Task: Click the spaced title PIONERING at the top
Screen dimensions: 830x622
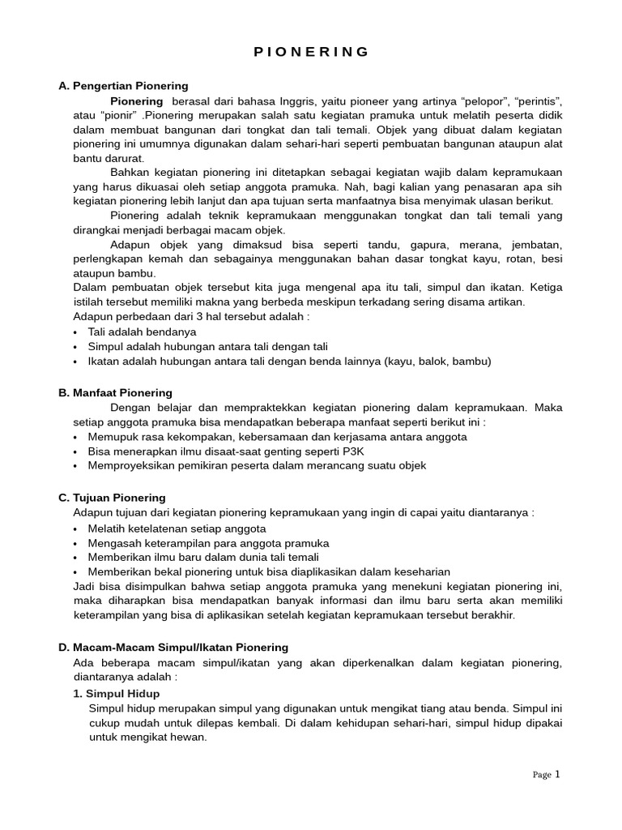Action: (311, 52)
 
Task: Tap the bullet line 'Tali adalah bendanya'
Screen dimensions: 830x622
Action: (142, 332)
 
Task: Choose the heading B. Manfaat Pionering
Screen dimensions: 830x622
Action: (115, 392)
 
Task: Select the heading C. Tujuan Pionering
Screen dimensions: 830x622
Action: (112, 497)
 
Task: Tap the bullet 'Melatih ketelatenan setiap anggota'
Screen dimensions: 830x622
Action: (177, 528)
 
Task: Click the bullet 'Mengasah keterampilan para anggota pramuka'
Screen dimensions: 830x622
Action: (208, 542)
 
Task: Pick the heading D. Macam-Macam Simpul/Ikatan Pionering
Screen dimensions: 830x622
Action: (173, 647)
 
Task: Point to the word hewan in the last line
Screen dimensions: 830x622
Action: (190, 738)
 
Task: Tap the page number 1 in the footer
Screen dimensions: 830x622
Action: (557, 774)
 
